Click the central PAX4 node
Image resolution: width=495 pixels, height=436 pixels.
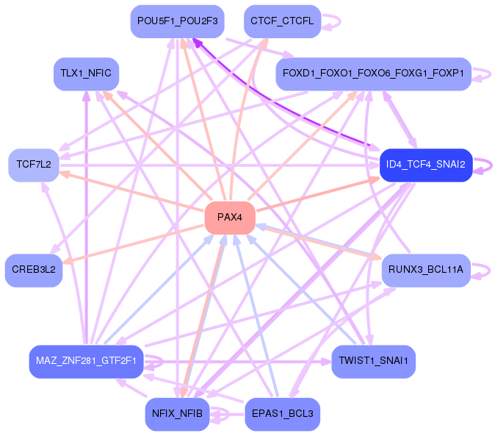click(x=230, y=217)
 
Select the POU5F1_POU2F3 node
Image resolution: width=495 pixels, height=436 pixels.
click(x=177, y=21)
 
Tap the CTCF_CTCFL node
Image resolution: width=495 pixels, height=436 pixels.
click(x=281, y=21)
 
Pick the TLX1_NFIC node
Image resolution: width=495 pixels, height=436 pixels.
click(x=87, y=74)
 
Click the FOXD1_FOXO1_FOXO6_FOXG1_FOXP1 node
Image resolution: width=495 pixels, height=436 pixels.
click(x=372, y=74)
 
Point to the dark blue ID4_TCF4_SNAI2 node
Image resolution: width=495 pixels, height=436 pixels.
click(x=426, y=165)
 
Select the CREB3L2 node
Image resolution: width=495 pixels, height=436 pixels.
click(x=34, y=270)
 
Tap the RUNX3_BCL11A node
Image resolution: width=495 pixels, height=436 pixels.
click(x=426, y=270)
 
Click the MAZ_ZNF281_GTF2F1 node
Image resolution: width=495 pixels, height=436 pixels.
click(x=86, y=361)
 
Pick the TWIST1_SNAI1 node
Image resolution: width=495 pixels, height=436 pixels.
click(x=374, y=361)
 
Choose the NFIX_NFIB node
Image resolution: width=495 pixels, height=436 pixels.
click(x=177, y=414)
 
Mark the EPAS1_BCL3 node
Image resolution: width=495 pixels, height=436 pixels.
click(x=281, y=414)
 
